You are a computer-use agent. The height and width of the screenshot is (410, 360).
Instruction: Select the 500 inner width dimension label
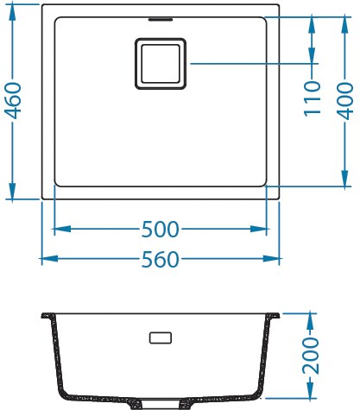pyautogui.click(x=161, y=230)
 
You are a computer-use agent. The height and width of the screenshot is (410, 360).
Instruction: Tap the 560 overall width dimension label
pyautogui.click(x=161, y=259)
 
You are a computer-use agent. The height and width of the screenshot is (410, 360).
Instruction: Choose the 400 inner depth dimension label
pyautogui.click(x=345, y=100)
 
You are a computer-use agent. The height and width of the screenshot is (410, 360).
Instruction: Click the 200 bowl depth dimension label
pyautogui.click(x=312, y=356)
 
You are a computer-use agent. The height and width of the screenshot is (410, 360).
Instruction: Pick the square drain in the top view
pyautogui.click(x=161, y=62)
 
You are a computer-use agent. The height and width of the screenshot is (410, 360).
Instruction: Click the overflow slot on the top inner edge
pyautogui.click(x=161, y=16)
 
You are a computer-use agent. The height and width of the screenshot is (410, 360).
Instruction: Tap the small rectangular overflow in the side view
pyautogui.click(x=161, y=337)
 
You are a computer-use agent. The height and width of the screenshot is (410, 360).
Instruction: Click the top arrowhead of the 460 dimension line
pyautogui.click(x=13, y=9)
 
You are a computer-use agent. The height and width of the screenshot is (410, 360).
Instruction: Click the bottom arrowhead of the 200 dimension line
pyautogui.click(x=312, y=396)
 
